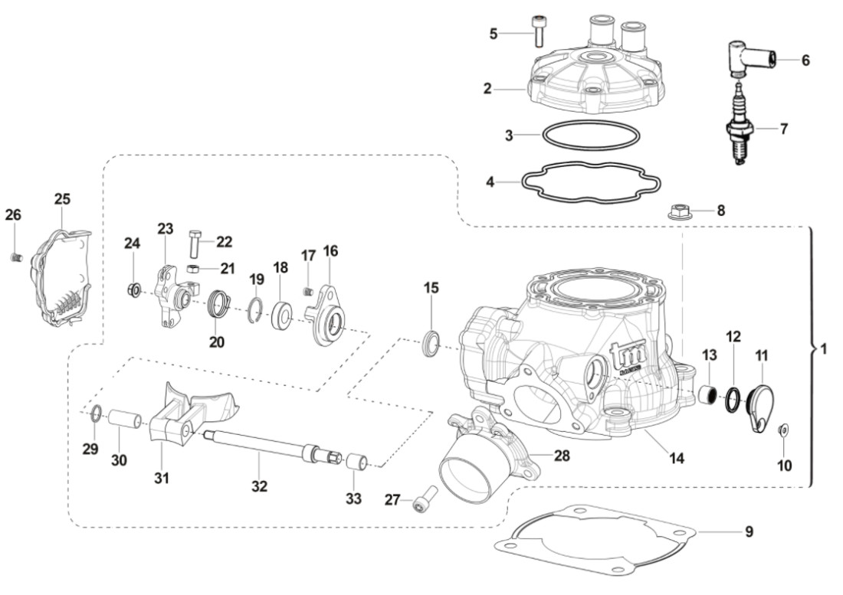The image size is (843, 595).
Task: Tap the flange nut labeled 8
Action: (x=679, y=211)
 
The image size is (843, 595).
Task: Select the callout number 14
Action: (x=676, y=459)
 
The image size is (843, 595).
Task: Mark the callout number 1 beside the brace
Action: (x=823, y=348)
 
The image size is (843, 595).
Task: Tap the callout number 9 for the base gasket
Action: (x=749, y=531)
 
